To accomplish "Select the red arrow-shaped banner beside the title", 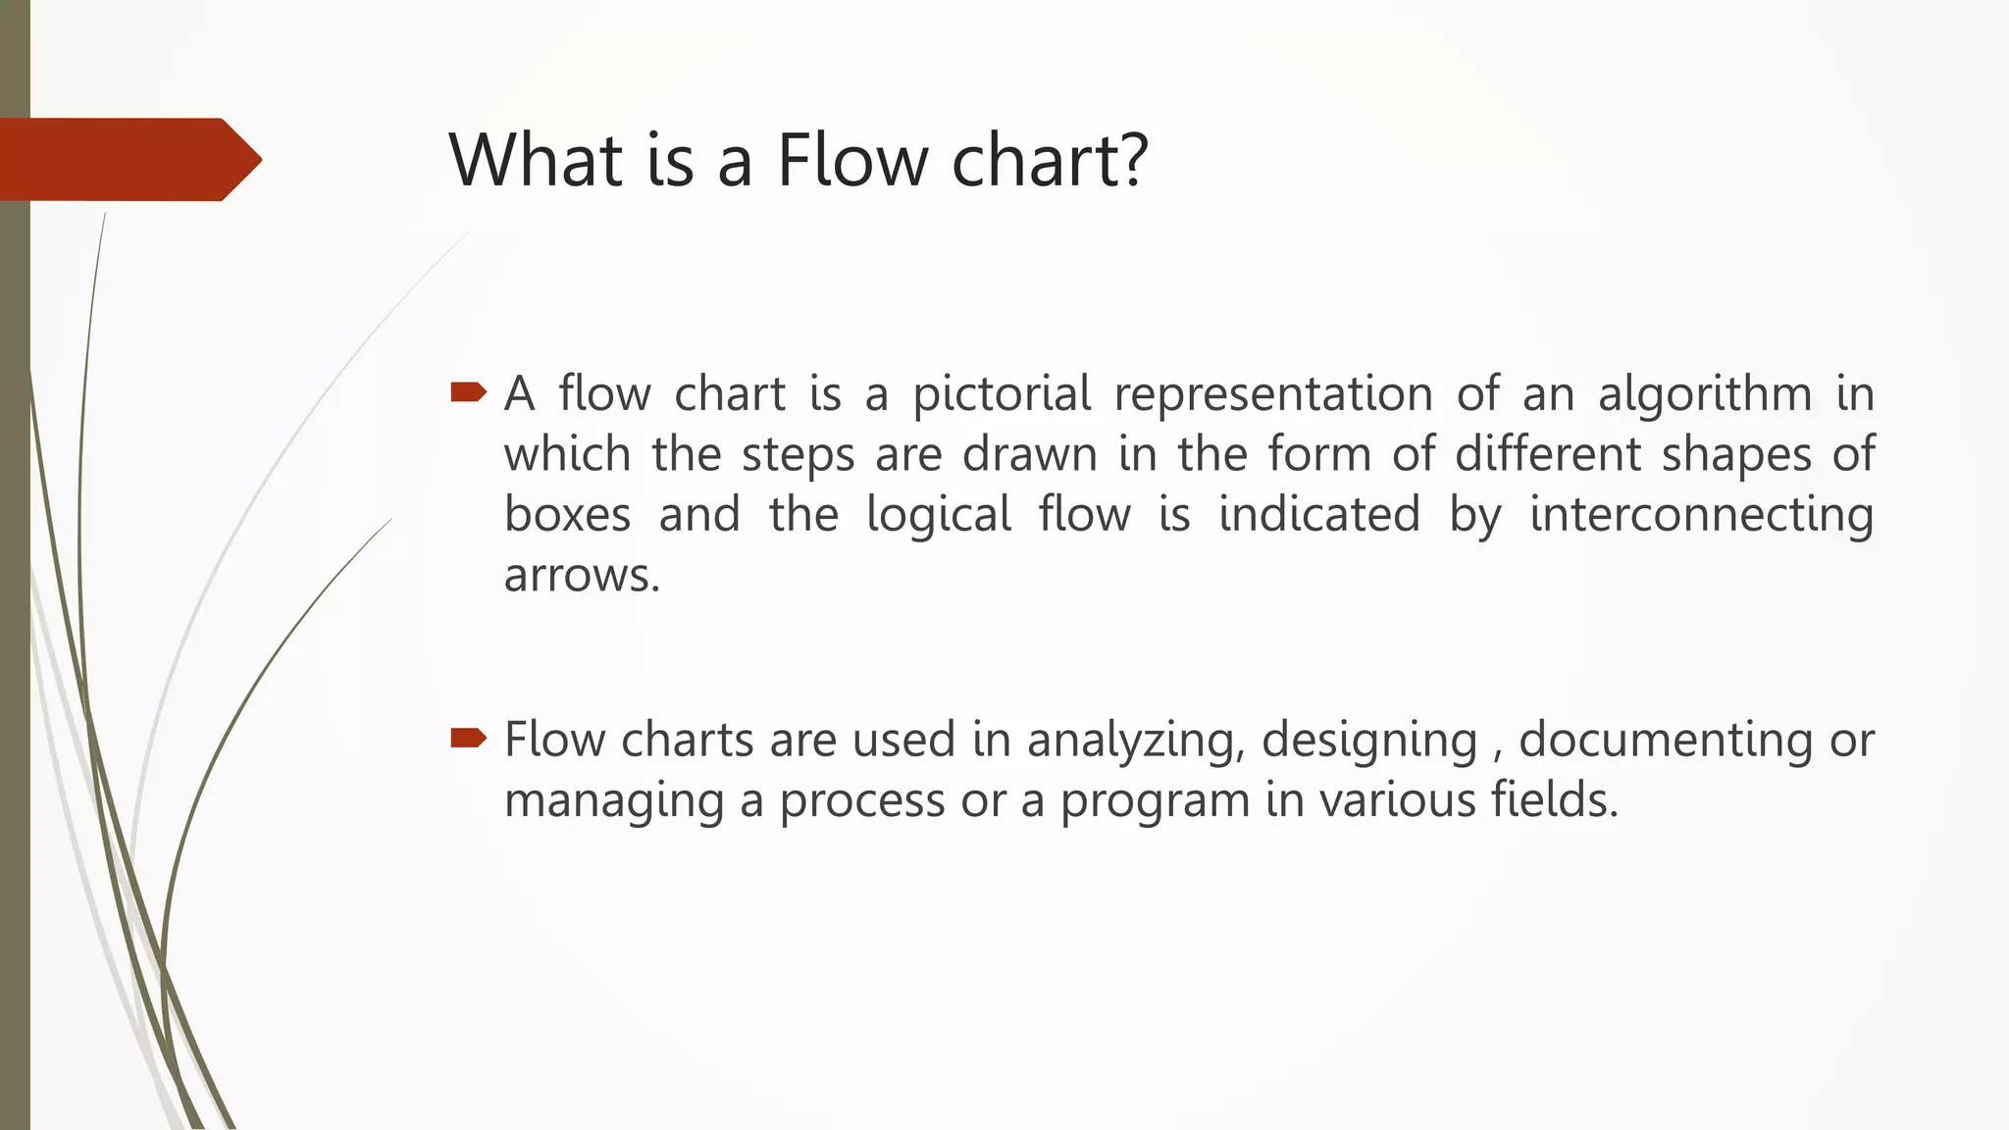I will point(128,159).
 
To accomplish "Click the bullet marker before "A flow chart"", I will point(468,393).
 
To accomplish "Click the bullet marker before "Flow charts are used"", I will point(468,738).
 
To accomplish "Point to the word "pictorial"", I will point(1002,394).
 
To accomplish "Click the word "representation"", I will point(1273,394).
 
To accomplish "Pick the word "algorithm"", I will point(1705,394).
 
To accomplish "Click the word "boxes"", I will point(567,514).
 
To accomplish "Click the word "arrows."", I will point(583,576).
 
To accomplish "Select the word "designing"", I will point(1369,741).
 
